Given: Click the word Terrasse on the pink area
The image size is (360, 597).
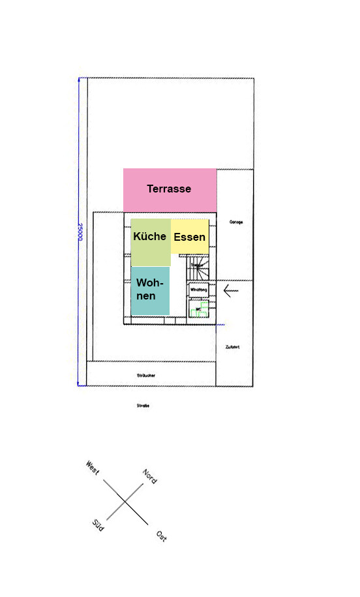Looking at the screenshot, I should coord(169,189).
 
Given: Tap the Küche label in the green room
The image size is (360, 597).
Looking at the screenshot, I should coord(150,236).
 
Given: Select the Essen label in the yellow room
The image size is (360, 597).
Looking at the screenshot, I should coord(189,237).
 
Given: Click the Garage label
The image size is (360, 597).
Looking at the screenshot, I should coord(236,222).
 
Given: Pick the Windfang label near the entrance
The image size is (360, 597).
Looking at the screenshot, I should coord(198,288).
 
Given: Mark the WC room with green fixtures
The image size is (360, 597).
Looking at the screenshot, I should coord(198,307).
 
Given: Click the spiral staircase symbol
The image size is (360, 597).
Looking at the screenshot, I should coord(198,268).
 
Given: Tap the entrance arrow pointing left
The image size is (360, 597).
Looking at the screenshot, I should coord(231,290).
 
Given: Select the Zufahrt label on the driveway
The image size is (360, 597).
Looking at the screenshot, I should coord(232,347).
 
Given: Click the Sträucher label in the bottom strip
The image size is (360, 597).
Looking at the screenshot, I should coord(146,375).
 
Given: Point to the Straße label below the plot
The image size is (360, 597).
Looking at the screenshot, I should coord(143,406).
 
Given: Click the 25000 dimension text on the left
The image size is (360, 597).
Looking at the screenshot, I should coord(80,232).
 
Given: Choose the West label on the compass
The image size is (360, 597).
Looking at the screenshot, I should coord(93,468).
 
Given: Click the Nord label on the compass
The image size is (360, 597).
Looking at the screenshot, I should coord(149,476).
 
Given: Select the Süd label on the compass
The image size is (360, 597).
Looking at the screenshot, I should coord(98,525).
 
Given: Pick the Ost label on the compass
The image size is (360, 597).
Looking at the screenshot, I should coord(160,536).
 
